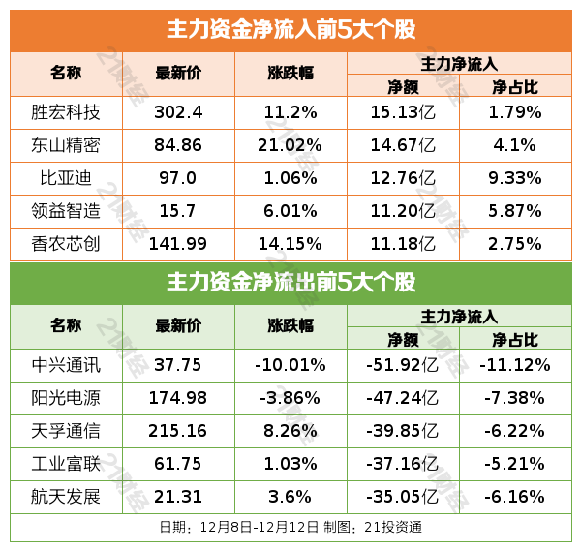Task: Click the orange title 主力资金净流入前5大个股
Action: [x=290, y=29]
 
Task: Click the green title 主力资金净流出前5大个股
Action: [x=290, y=283]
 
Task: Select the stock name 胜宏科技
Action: [x=66, y=112]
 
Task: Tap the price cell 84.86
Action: [x=178, y=145]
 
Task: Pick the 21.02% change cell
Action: [x=290, y=145]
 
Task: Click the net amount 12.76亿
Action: [x=403, y=178]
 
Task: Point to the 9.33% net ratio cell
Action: [x=515, y=178]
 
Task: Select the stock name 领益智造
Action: [x=66, y=211]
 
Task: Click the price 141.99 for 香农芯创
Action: [x=178, y=243]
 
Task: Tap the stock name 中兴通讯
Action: [x=66, y=365]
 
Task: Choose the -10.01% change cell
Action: [x=290, y=365]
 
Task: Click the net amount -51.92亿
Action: [x=403, y=365]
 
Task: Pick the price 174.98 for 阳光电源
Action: [x=178, y=398]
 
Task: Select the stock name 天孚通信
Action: [x=66, y=431]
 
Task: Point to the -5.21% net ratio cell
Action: [x=515, y=464]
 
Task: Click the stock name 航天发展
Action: [x=66, y=497]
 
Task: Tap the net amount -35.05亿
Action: [x=403, y=497]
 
